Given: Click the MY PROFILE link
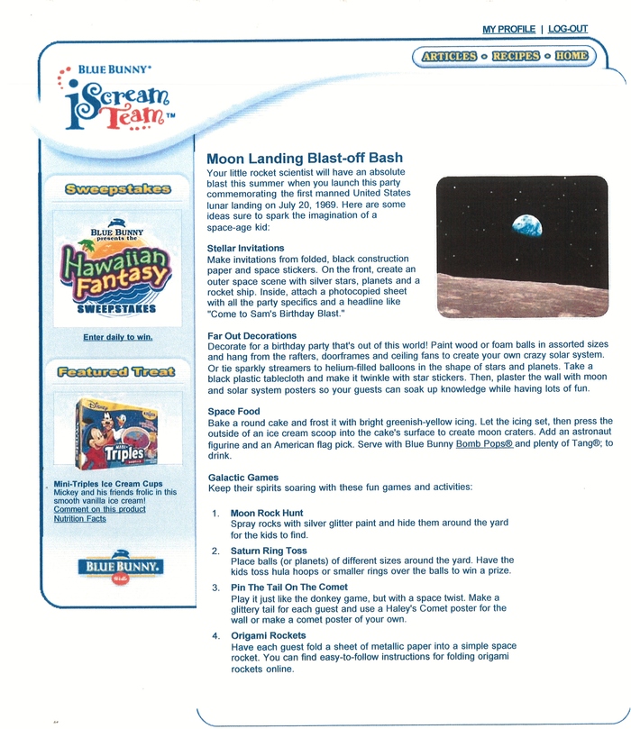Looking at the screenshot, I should click(x=508, y=30).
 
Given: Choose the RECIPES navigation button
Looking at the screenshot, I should click(x=516, y=56).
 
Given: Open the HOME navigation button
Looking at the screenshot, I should click(x=571, y=56).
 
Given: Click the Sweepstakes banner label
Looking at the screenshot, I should click(x=117, y=189).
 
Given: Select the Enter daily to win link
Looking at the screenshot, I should click(x=117, y=337).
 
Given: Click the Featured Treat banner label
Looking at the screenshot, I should click(x=117, y=371).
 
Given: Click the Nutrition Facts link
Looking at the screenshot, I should click(x=80, y=518).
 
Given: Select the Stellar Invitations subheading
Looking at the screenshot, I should click(x=245, y=248).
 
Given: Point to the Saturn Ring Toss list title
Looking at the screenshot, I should click(x=269, y=551).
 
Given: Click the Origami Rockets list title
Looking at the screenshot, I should click(x=269, y=636).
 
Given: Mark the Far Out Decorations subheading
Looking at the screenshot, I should click(x=252, y=334).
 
